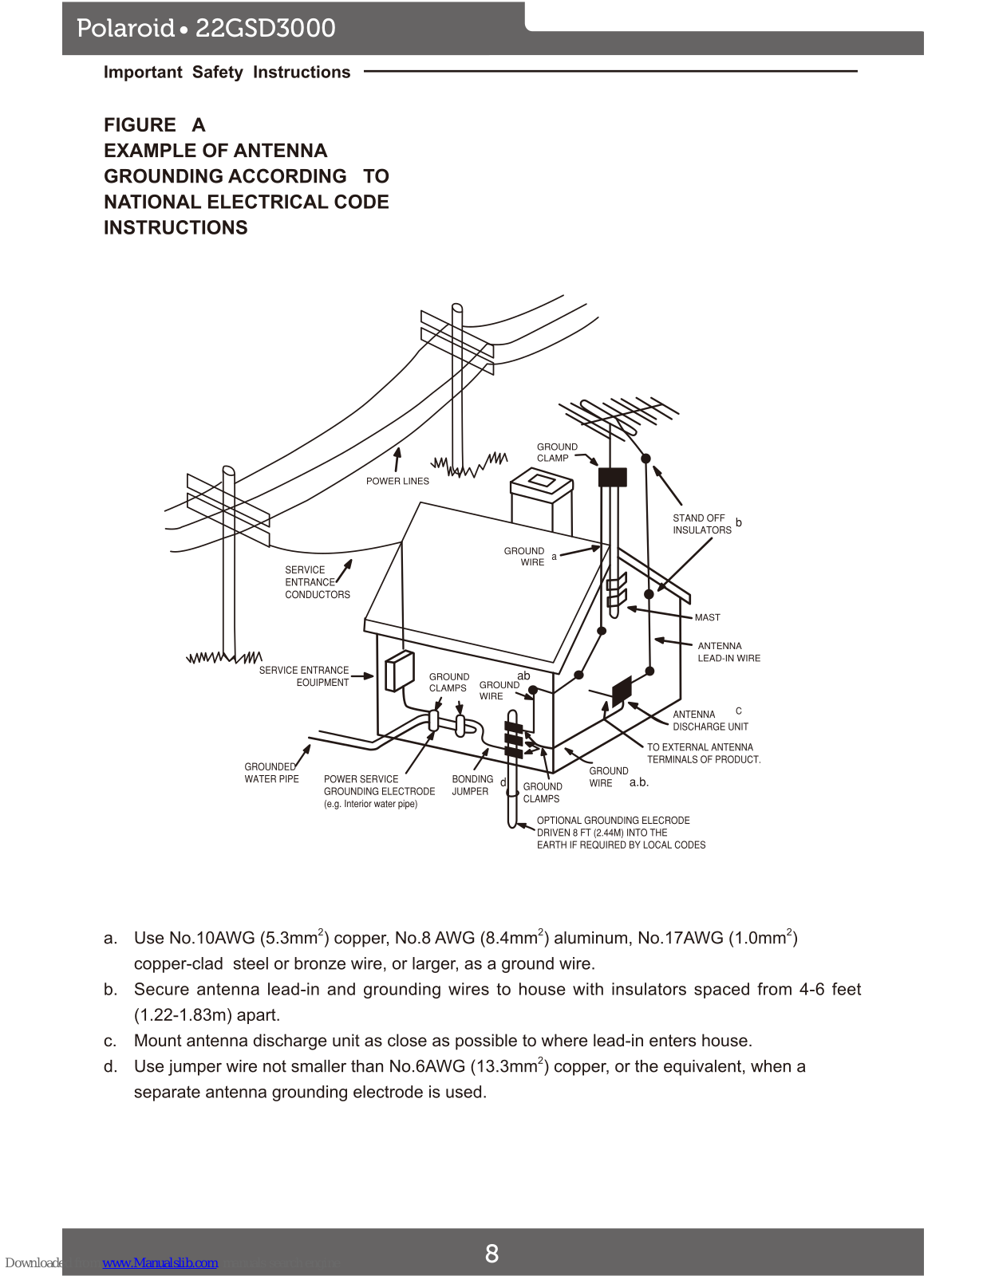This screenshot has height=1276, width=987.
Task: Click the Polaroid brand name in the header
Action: [125, 29]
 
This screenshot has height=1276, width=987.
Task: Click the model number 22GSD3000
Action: [266, 29]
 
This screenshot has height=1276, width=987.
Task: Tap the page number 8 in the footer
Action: [492, 1254]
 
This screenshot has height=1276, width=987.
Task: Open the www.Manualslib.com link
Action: [160, 1262]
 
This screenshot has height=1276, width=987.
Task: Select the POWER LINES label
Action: [397, 481]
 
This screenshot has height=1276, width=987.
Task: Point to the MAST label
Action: [707, 617]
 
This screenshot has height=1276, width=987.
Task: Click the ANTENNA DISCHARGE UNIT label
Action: [710, 720]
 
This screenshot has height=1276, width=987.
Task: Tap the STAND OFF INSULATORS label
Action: [701, 524]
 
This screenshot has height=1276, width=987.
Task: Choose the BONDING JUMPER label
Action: [472, 785]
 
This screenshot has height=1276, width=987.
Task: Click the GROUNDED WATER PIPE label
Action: [271, 773]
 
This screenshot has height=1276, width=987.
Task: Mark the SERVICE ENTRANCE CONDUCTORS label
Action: [317, 582]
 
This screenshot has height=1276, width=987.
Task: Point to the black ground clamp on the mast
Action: [612, 477]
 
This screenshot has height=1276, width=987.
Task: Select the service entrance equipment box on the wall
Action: [399, 671]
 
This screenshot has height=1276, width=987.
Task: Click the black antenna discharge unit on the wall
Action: [622, 690]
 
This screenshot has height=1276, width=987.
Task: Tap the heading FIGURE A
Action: [155, 125]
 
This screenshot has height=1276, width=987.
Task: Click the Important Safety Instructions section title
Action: [227, 73]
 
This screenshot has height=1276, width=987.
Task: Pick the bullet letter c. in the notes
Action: [110, 1041]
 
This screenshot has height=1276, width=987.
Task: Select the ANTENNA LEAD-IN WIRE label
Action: [728, 652]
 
